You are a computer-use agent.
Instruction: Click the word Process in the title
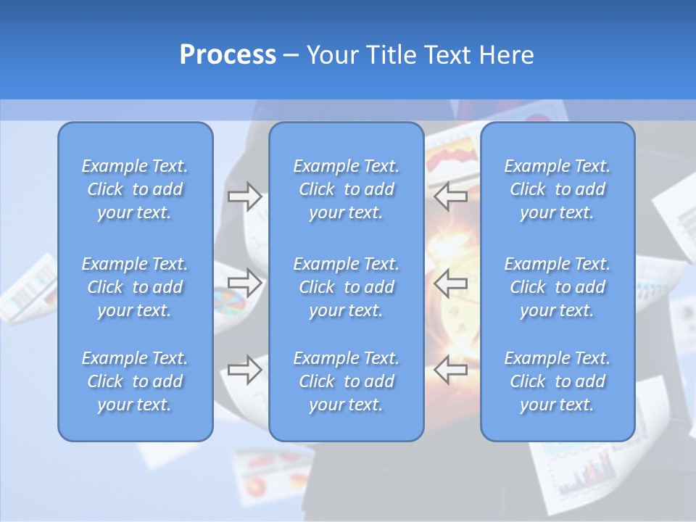pos(228,55)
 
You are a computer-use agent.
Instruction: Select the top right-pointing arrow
pos(244,196)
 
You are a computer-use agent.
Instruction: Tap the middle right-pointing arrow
pos(244,282)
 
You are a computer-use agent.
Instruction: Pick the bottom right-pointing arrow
pos(244,369)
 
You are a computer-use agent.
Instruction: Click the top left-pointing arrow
pos(451,196)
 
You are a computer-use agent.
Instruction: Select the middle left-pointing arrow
pos(451,282)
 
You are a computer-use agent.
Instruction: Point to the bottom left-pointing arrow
pos(451,369)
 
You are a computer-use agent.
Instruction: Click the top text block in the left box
pos(135,189)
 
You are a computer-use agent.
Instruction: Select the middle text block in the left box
pos(135,287)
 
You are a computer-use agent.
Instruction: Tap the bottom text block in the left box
pos(135,381)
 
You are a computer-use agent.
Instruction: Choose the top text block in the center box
pos(347,189)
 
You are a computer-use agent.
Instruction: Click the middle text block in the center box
pos(347,287)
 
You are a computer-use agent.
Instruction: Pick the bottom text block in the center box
pos(347,381)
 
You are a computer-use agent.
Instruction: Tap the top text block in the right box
pos(558,189)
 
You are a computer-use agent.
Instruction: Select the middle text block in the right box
pos(558,287)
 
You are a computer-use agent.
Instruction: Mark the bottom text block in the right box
pos(558,381)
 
